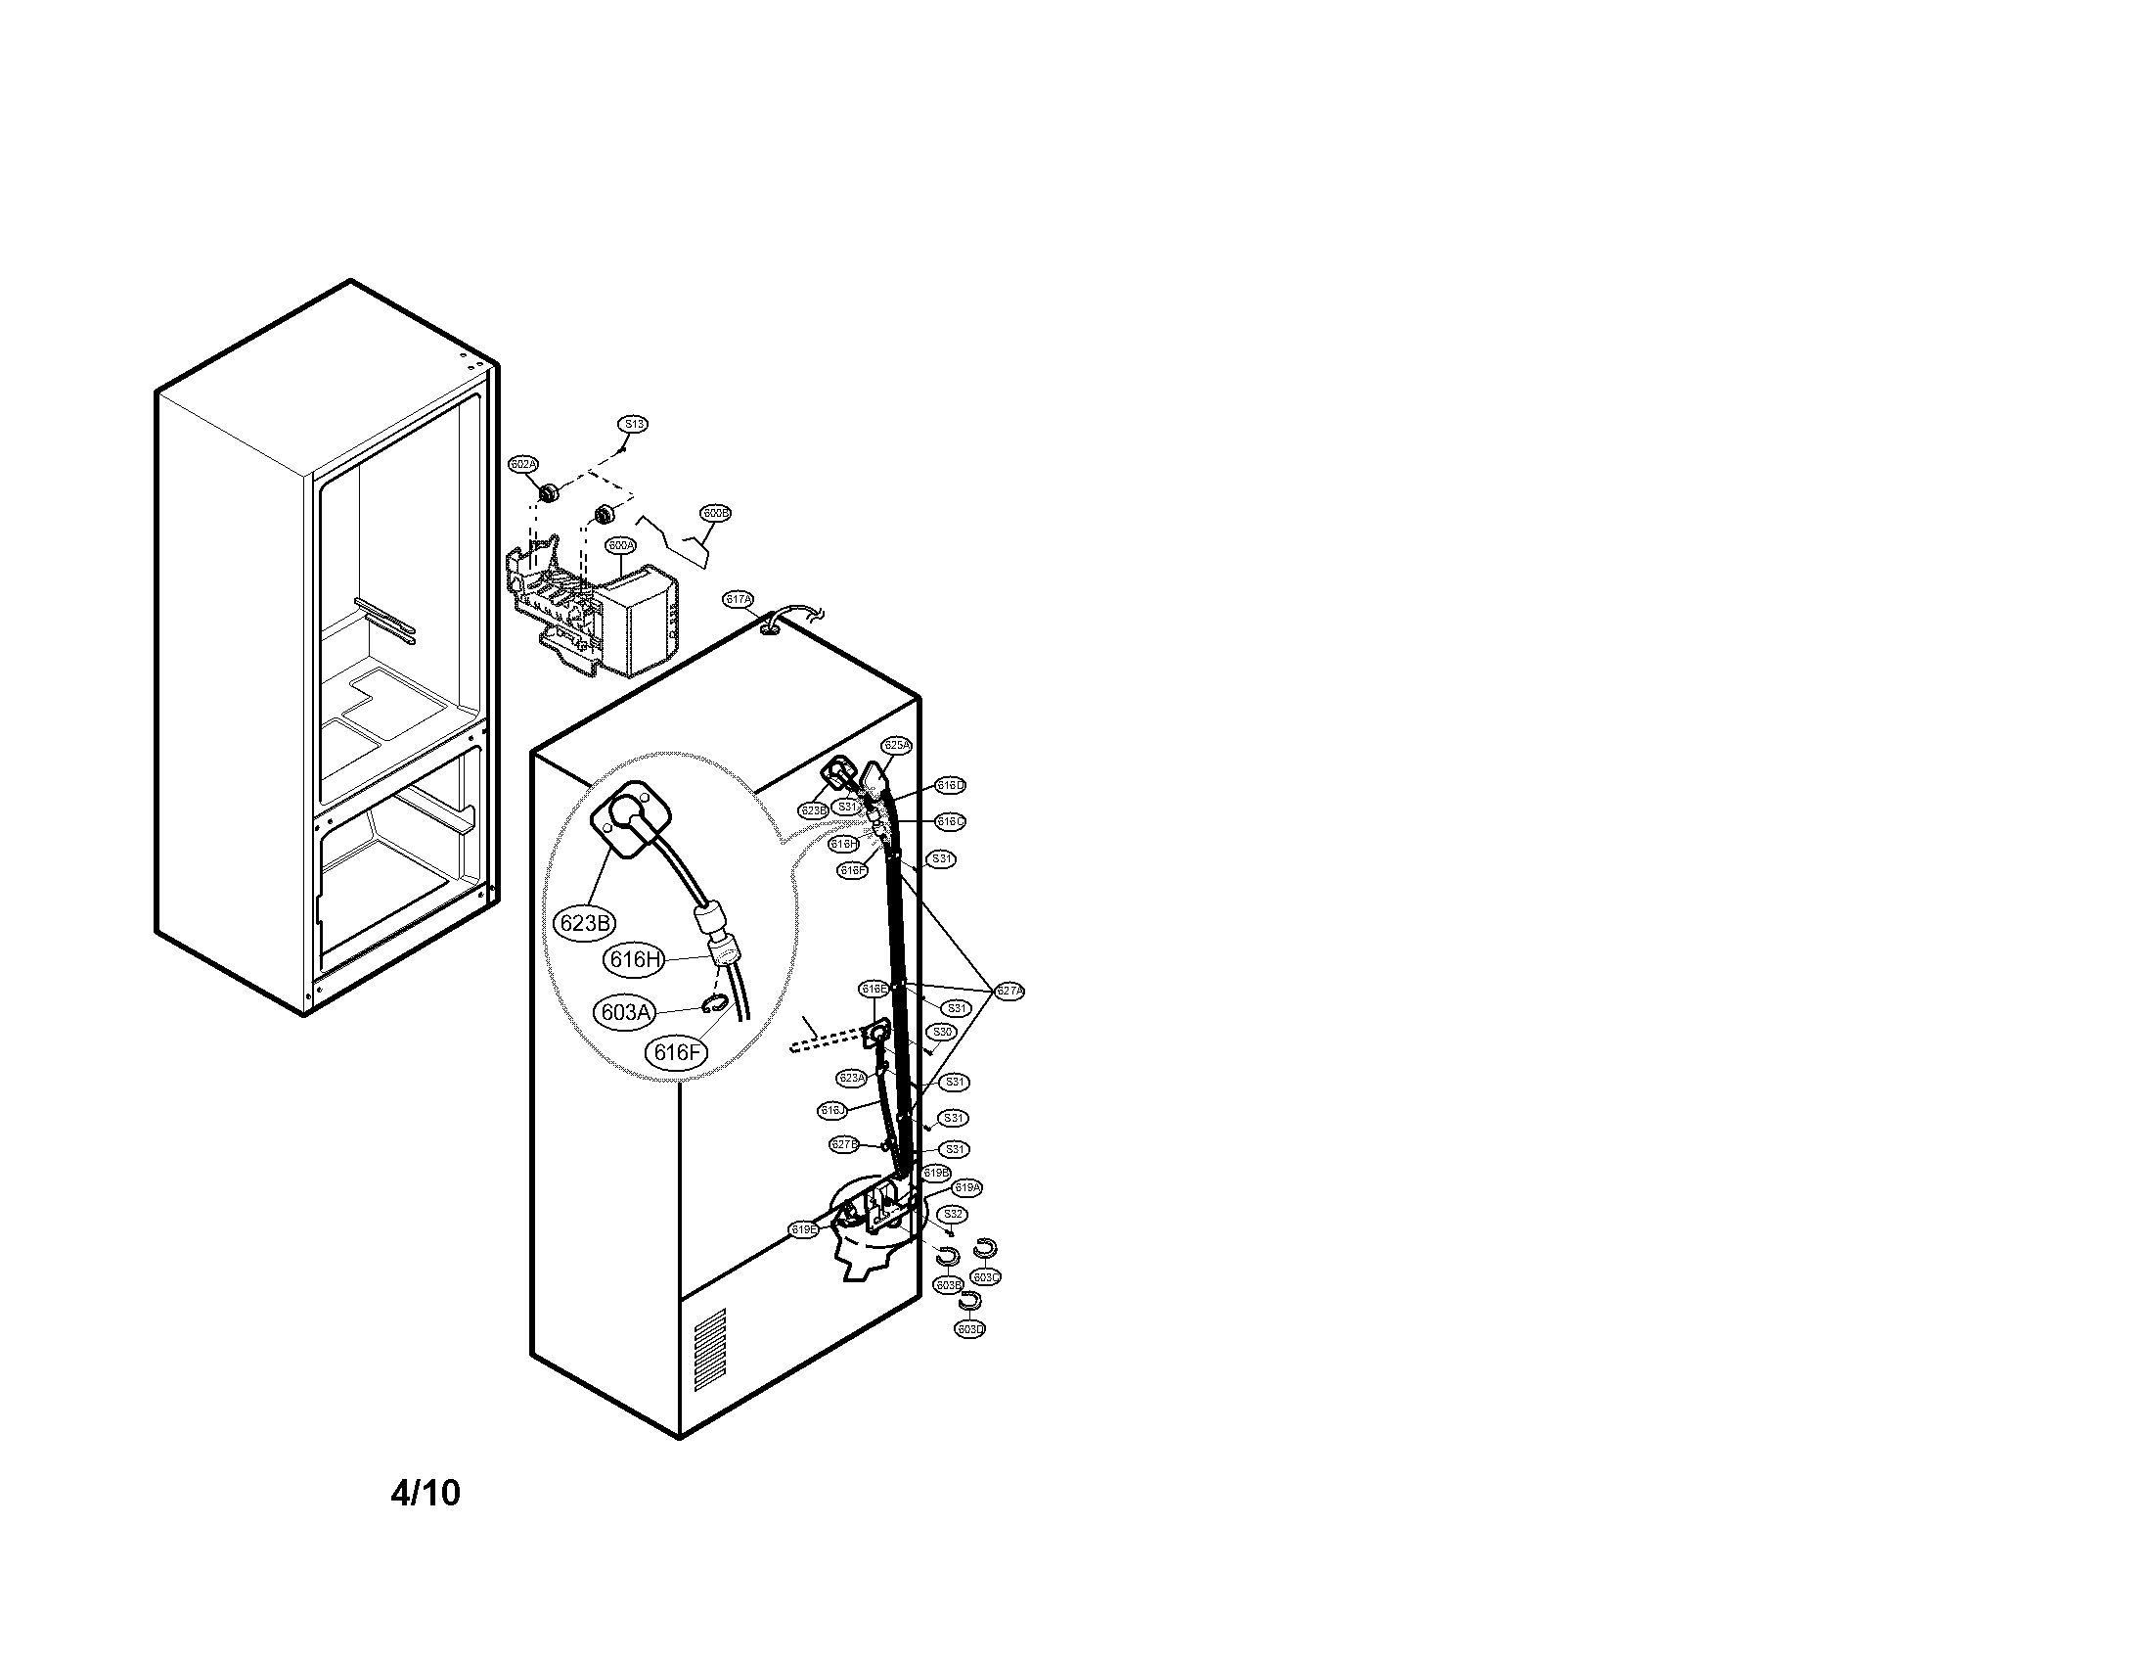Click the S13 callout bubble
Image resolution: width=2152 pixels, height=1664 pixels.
(633, 424)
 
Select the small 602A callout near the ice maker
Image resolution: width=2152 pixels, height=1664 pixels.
(523, 463)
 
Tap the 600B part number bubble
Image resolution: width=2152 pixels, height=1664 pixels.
(715, 514)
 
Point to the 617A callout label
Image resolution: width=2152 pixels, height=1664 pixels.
(738, 599)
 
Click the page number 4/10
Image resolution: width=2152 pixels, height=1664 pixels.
(425, 1493)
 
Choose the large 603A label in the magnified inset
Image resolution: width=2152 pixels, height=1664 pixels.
(625, 1012)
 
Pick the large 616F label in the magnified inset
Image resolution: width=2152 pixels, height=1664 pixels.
(677, 1052)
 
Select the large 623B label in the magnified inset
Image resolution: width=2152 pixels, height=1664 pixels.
(583, 923)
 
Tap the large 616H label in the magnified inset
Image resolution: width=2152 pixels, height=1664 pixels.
(636, 958)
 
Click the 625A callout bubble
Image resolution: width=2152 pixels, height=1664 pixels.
(897, 745)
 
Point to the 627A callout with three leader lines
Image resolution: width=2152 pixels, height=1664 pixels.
(1009, 991)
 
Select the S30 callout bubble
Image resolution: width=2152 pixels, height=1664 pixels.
(943, 1031)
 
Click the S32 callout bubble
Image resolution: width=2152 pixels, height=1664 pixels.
(952, 1215)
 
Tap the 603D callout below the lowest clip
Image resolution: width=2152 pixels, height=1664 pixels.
(970, 1329)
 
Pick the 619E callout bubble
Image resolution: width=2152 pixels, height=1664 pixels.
(804, 1229)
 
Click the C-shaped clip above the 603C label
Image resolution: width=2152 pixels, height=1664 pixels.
(985, 1249)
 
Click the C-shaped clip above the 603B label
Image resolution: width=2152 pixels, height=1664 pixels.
(948, 1256)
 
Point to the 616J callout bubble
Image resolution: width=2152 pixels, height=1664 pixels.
(832, 1111)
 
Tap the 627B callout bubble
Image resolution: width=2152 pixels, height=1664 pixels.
(844, 1144)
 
